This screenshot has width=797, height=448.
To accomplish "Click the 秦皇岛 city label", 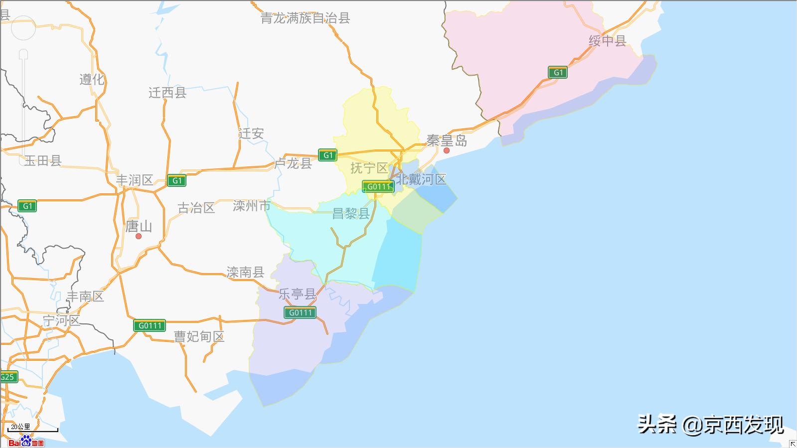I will click(447, 141).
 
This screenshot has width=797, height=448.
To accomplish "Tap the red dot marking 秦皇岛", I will click(447, 150).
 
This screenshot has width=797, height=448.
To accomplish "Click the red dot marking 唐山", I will click(139, 236).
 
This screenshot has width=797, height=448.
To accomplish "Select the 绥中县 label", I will click(607, 41).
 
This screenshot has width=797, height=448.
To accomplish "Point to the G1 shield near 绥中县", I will click(558, 72).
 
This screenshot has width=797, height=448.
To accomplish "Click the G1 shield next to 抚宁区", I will click(327, 155).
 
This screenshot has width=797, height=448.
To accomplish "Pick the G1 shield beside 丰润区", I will click(177, 180).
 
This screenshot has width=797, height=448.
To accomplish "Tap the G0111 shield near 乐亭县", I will click(300, 312).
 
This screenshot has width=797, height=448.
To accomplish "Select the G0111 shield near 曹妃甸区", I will click(150, 325).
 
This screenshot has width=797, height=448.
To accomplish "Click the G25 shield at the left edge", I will click(7, 377).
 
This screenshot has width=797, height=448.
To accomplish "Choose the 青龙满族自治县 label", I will click(305, 18).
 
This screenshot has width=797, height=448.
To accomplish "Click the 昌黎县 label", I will click(351, 214).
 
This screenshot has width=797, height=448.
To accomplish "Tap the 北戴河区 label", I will click(421, 179).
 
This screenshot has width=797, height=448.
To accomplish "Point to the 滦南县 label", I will click(245, 272).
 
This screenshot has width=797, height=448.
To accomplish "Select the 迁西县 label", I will click(167, 93).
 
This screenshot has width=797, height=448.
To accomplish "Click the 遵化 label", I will click(92, 79).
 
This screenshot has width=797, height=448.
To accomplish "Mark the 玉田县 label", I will click(43, 160).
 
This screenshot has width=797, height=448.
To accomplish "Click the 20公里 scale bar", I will click(33, 428).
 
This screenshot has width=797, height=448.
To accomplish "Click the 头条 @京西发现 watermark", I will click(710, 425).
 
